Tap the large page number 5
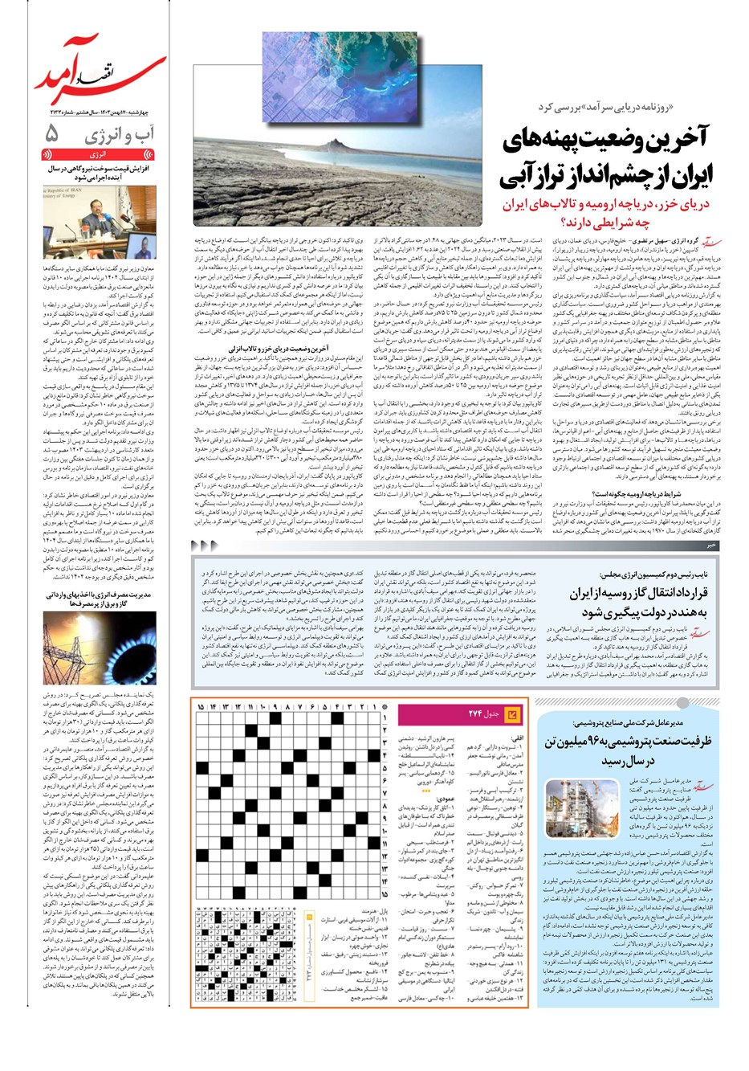[52, 133]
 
